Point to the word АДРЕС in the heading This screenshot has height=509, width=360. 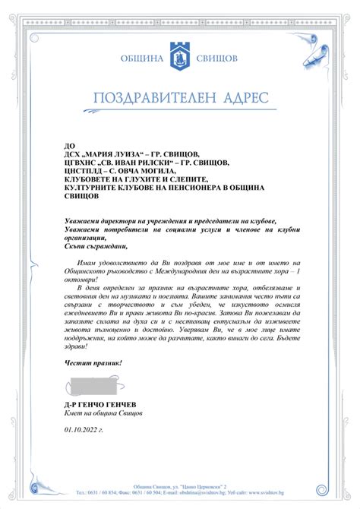(x=244, y=98)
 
